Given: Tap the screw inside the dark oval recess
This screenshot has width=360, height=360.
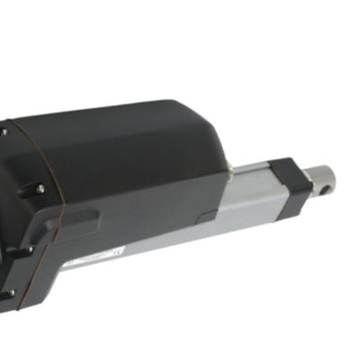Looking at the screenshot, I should click(x=40, y=188).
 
